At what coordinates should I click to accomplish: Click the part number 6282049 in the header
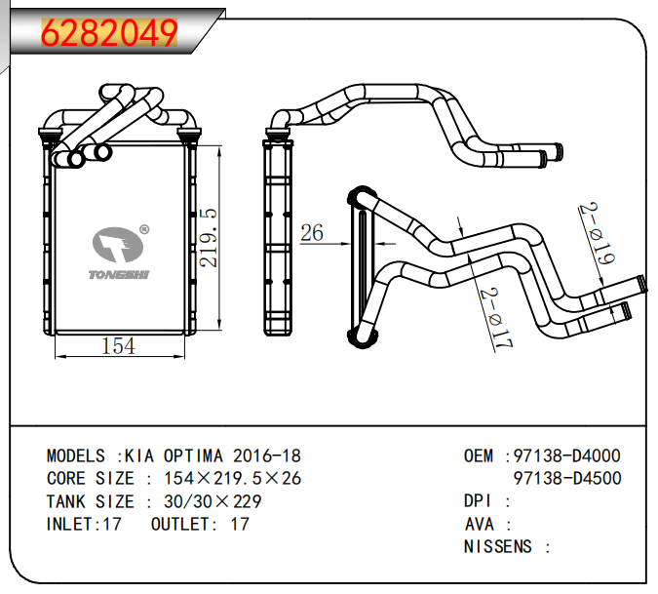(x=109, y=32)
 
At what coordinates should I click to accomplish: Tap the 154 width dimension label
(x=118, y=346)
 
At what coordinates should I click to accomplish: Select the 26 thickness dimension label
(x=312, y=232)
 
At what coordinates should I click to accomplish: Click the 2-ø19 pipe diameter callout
(x=597, y=234)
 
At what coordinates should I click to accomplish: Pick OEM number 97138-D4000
(x=566, y=456)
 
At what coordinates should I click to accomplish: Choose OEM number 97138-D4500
(x=566, y=478)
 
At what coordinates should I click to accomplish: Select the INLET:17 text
(x=84, y=524)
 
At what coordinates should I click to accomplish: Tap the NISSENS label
(x=498, y=546)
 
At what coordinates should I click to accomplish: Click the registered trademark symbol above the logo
(x=144, y=230)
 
